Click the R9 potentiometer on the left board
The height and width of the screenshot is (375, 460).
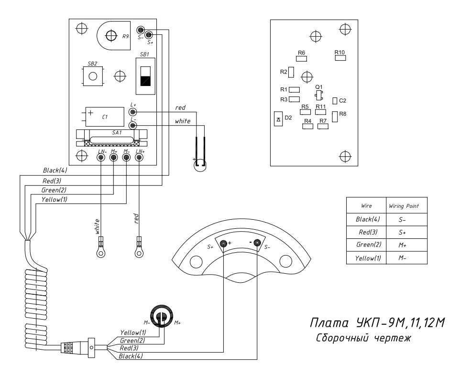point(113,35)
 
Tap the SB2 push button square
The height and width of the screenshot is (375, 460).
point(93,76)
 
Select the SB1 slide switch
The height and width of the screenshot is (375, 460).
point(145,76)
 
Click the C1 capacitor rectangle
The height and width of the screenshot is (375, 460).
point(105,117)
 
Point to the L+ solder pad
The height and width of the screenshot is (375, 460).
point(133,112)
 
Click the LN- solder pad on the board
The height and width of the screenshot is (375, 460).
point(101,158)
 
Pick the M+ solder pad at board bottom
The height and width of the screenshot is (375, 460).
point(113,158)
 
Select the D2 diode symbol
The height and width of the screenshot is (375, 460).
point(278,119)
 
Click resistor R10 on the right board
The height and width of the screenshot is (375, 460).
point(340,58)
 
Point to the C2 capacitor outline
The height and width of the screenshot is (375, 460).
point(335,101)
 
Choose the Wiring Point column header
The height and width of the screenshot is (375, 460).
point(404,206)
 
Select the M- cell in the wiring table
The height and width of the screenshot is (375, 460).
point(402,258)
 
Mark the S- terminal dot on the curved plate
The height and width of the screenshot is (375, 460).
point(257,243)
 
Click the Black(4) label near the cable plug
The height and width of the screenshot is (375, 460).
point(131,356)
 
